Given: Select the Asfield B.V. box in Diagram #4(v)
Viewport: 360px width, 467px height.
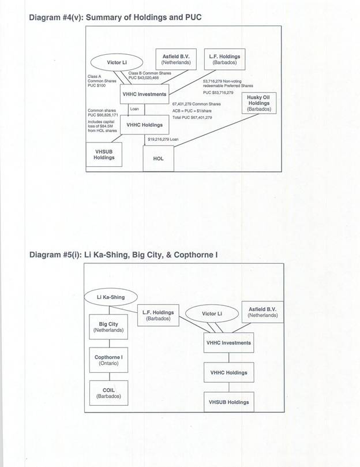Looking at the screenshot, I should (x=176, y=59).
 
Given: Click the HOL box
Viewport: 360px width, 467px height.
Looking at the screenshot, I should (x=158, y=158).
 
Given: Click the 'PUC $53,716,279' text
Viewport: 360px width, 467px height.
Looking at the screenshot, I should (x=218, y=92).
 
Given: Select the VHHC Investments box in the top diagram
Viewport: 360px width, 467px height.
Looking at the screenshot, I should (x=144, y=94).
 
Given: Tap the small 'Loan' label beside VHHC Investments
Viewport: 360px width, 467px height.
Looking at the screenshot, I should (x=134, y=109).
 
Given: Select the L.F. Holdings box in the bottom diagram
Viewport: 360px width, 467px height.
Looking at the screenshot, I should (x=158, y=315).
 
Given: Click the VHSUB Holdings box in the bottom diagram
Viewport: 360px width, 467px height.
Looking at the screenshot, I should (x=228, y=402).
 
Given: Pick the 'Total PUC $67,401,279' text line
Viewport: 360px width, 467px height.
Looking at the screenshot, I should (x=192, y=117).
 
